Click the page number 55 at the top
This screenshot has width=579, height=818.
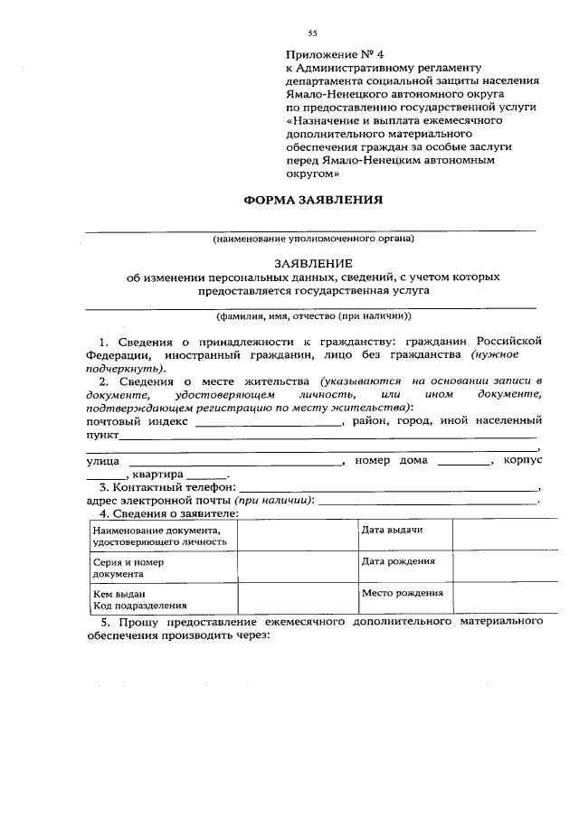click(x=312, y=33)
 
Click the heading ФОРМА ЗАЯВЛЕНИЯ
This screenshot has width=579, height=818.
click(x=313, y=200)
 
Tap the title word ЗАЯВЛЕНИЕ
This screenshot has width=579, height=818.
click(x=312, y=261)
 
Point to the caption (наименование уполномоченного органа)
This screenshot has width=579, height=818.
click(x=313, y=240)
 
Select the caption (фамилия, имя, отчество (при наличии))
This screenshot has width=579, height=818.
click(x=312, y=317)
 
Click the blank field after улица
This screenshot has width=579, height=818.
click(x=231, y=462)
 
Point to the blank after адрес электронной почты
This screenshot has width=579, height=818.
click(x=428, y=502)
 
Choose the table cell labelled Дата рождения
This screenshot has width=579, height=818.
click(x=403, y=567)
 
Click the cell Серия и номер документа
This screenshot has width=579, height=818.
click(x=163, y=567)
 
